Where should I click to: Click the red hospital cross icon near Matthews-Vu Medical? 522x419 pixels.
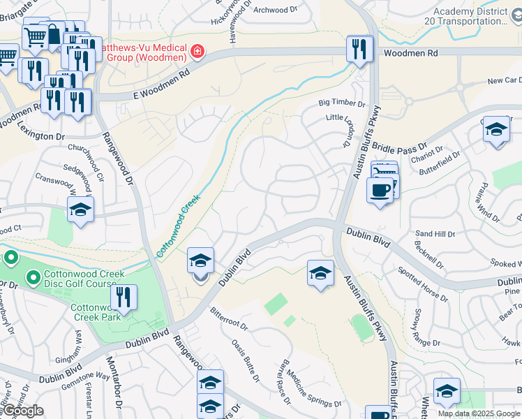pyautogui.click(x=197, y=52)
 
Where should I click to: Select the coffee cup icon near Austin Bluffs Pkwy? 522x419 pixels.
pyautogui.click(x=380, y=190)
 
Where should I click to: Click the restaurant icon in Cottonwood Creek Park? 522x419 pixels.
pyautogui.click(x=124, y=297)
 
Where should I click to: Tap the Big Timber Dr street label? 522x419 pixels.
pyautogui.click(x=342, y=103)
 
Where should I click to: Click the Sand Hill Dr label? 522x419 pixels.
pyautogui.click(x=435, y=233)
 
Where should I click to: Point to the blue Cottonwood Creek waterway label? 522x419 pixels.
pyautogui.click(x=178, y=226)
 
